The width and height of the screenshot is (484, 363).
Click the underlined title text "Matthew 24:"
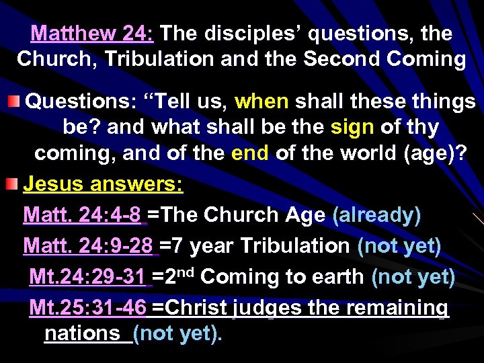coord(93,33)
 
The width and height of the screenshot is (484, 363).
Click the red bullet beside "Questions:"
coord(13,102)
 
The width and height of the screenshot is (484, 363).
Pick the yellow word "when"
coord(262,102)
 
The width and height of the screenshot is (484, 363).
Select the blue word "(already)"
coord(376,215)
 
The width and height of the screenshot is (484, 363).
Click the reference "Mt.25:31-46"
coord(88,308)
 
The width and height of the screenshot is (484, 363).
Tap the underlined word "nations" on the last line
coord(81,333)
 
